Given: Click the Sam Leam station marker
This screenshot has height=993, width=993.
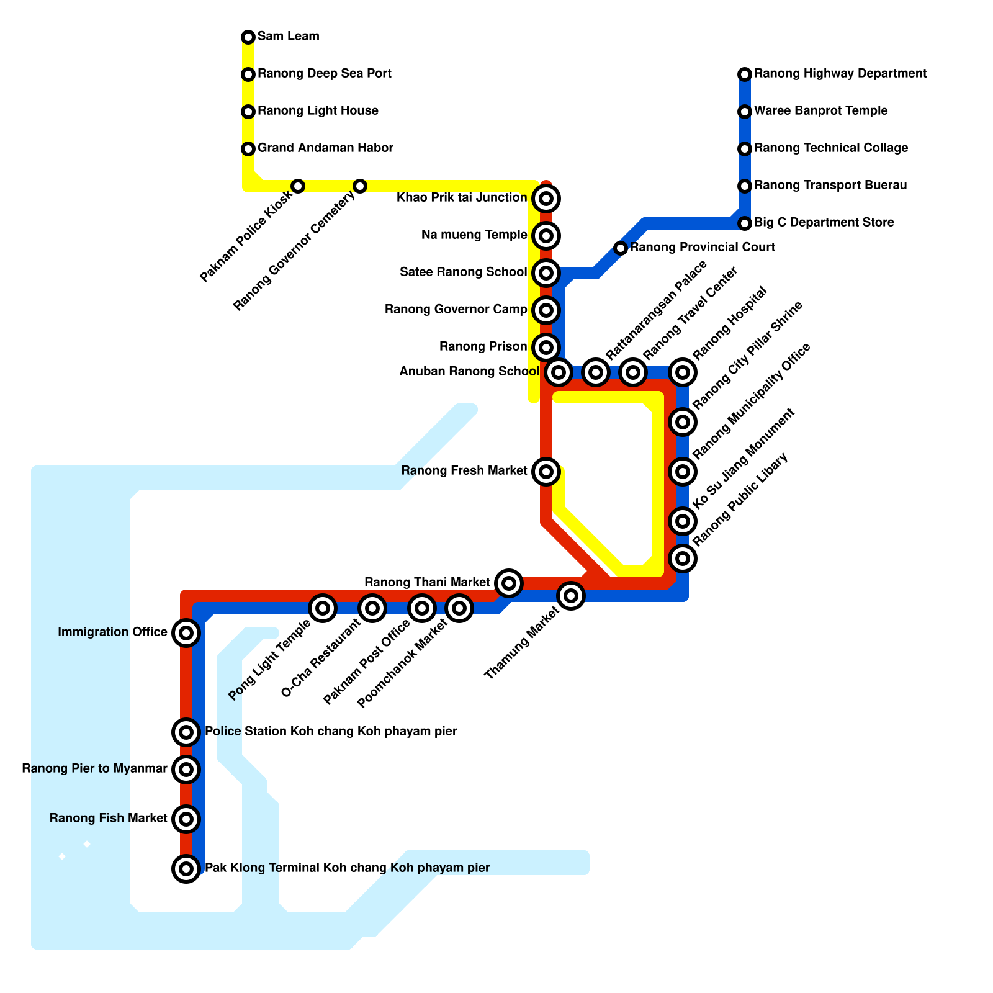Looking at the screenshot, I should click(x=248, y=37).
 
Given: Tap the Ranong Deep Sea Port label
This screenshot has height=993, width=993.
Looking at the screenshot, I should click(x=324, y=74).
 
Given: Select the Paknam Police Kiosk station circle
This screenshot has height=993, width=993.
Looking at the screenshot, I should click(x=298, y=186).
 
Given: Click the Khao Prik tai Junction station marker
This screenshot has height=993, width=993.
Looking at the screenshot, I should click(x=546, y=199).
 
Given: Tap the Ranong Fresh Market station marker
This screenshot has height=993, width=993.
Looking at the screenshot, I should click(x=546, y=472).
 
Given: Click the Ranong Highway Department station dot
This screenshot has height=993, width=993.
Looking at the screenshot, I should click(x=745, y=74).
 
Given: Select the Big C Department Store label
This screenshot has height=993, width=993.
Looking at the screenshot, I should click(x=824, y=223).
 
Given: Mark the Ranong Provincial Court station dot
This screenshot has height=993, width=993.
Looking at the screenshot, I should click(x=621, y=248).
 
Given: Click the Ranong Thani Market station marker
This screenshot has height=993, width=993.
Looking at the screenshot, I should click(x=509, y=583).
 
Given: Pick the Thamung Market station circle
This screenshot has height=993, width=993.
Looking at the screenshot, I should click(x=571, y=596).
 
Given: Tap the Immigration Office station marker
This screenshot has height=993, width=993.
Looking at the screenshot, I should click(x=186, y=633).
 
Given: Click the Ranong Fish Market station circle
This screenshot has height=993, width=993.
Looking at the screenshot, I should click(x=186, y=819).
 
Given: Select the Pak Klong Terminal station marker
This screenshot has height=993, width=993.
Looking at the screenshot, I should click(x=186, y=869).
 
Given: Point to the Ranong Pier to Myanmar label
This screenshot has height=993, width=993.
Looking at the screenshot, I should click(x=94, y=769).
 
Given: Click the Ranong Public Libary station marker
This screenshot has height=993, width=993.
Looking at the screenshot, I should click(x=683, y=559).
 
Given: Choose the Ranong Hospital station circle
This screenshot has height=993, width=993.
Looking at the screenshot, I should click(x=683, y=372).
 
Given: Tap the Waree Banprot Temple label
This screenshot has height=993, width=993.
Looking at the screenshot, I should click(x=820, y=111).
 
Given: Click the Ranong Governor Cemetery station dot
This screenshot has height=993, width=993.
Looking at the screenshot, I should click(x=360, y=186).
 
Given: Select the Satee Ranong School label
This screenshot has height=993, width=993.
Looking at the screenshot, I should click(x=463, y=272).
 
